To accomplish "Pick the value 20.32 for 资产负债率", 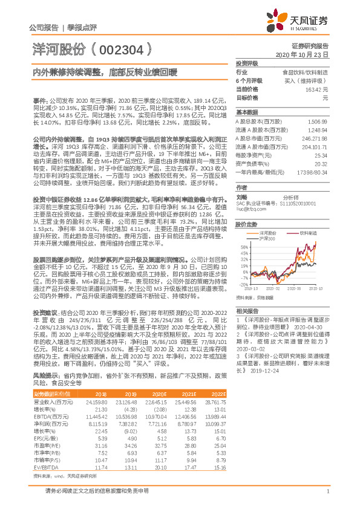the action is (x=321, y=163).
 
